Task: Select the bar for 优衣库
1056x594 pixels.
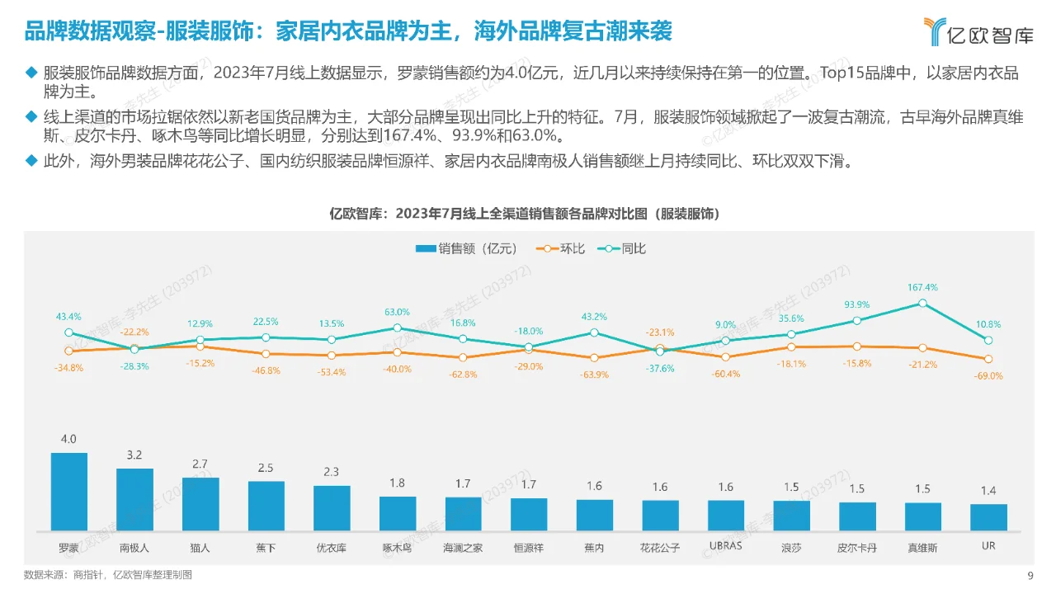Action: point(332,507)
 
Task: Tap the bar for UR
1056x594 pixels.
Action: point(988,516)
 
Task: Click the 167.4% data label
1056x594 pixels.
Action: point(923,288)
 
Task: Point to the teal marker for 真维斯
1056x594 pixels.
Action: point(923,303)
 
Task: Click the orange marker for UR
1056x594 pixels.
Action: point(988,359)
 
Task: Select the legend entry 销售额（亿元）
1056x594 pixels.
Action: point(467,248)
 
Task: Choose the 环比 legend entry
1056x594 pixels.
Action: point(561,248)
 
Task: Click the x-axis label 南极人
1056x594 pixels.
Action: point(134,548)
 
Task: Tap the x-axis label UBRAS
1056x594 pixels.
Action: point(726,546)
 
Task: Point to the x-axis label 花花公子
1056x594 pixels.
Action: point(660,548)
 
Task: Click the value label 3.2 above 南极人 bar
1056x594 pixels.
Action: point(134,455)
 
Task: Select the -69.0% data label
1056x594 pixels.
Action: point(988,375)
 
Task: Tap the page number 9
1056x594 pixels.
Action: point(1030,576)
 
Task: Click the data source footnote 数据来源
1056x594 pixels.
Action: point(108,575)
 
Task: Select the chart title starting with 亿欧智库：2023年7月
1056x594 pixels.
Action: point(527,214)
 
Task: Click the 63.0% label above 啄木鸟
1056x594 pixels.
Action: point(397,313)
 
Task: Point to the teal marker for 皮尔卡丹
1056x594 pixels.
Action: point(857,320)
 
